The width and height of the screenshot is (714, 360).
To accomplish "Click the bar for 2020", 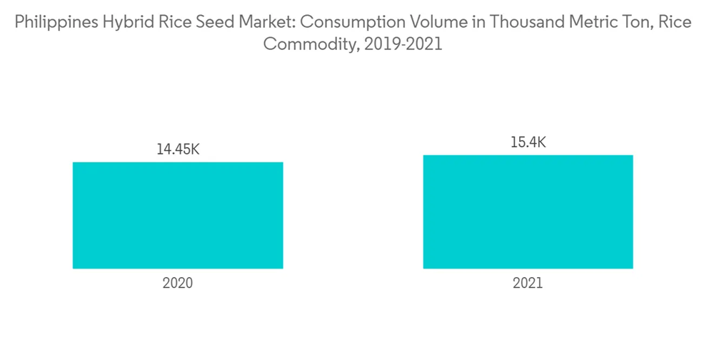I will click(178, 215).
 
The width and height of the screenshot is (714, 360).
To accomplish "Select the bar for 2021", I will click(528, 211).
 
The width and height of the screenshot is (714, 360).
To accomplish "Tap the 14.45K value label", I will click(178, 150).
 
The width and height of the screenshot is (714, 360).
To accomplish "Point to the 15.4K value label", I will click(528, 143).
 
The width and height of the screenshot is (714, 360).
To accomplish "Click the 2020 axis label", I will click(178, 283).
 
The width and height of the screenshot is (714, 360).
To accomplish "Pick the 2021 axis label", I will click(528, 283).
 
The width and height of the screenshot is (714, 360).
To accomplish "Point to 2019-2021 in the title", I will click(403, 44).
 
